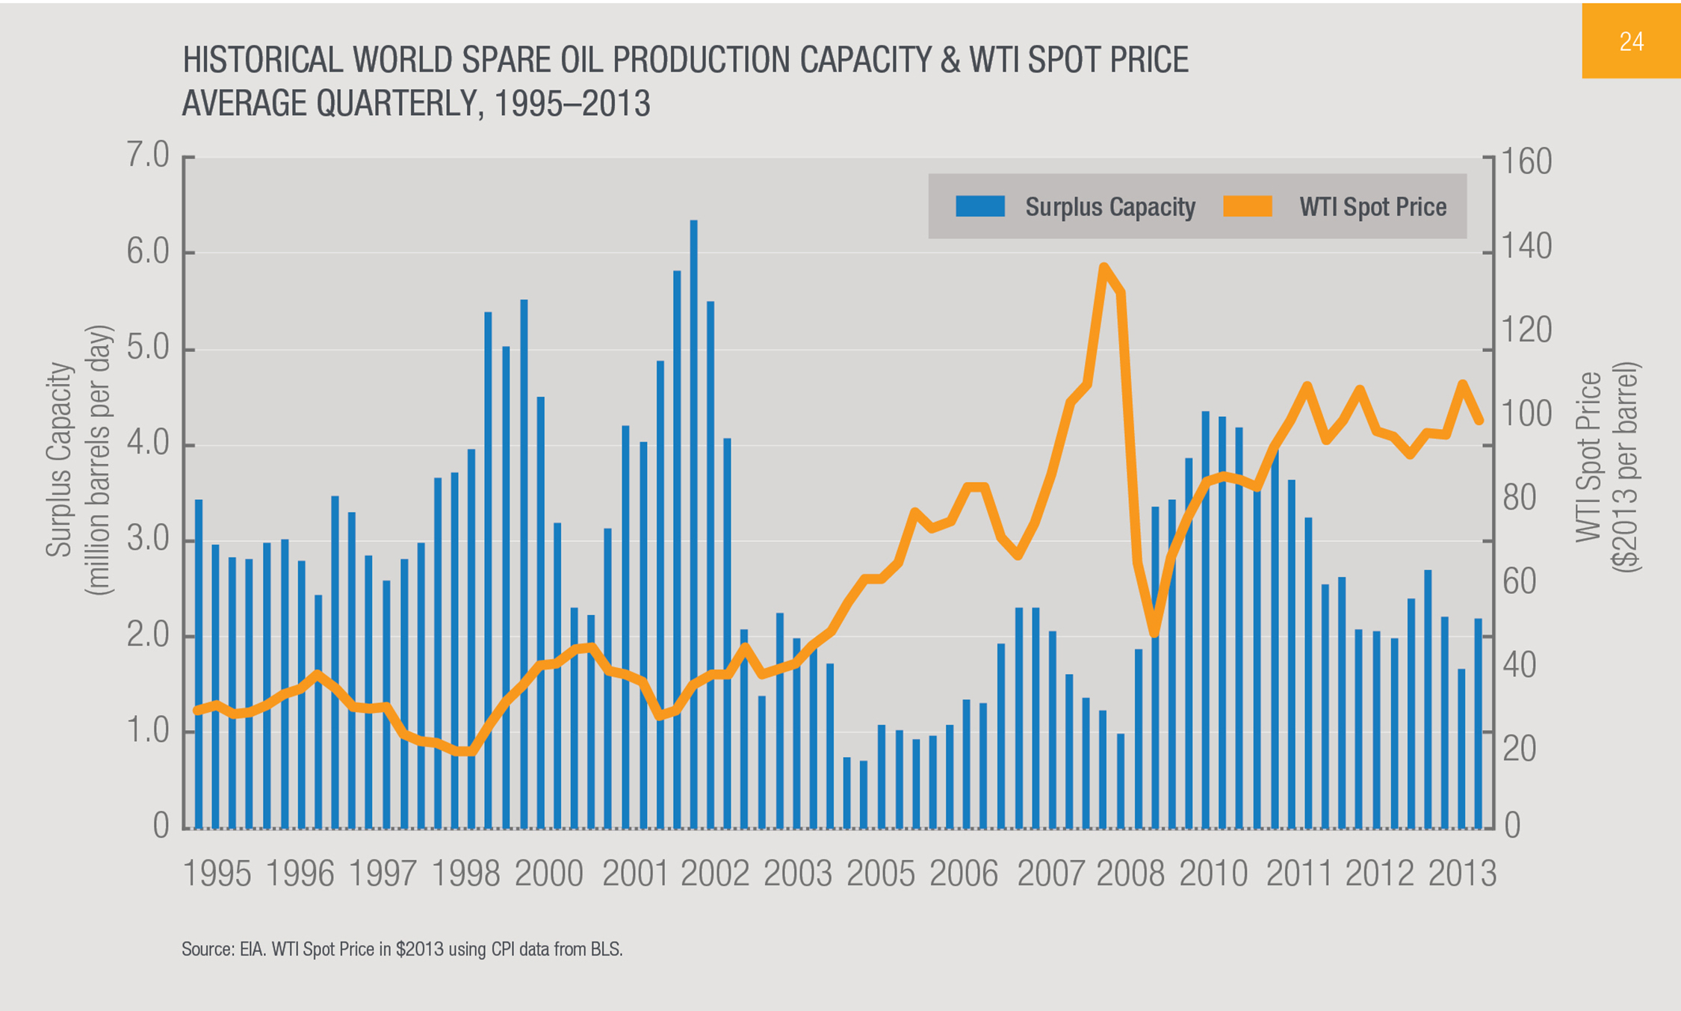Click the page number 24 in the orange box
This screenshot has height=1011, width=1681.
pyautogui.click(x=1631, y=42)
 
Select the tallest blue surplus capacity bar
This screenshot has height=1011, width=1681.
pyautogui.click(x=693, y=523)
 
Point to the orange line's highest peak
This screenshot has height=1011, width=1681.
pyautogui.click(x=1103, y=268)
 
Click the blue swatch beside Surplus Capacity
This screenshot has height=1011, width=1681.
pyautogui.click(x=979, y=206)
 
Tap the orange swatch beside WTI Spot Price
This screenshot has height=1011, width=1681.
pyautogui.click(x=1247, y=206)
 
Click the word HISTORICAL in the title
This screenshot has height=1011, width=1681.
pyautogui.click(x=262, y=61)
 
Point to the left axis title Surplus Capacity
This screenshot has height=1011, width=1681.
pyautogui.click(x=60, y=460)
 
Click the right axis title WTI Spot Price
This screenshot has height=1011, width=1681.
pyautogui.click(x=1590, y=457)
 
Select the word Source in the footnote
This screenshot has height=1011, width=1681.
pyautogui.click(x=207, y=950)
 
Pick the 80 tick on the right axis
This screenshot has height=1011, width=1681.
pyautogui.click(x=1518, y=498)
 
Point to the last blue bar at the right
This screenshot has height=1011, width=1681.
pyautogui.click(x=1478, y=723)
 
